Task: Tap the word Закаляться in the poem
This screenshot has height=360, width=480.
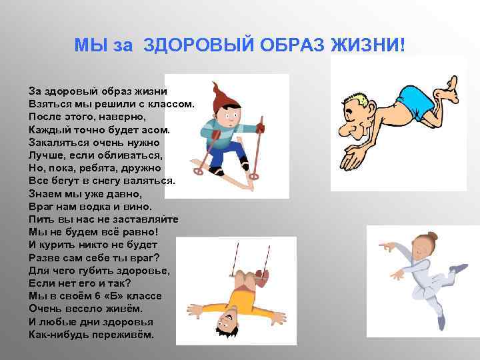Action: pyautogui.click(x=55, y=142)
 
